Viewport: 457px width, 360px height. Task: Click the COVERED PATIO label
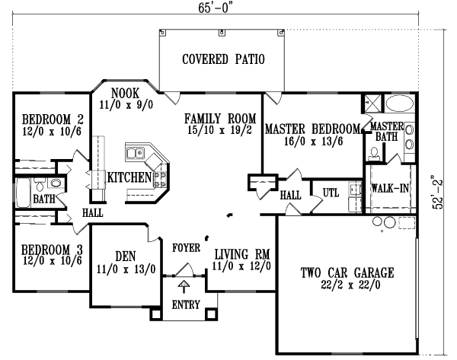coord(223,59)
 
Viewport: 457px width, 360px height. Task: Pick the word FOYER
coord(186,247)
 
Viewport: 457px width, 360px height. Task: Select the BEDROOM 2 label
coord(52,119)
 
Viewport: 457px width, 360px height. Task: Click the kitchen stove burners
coord(161,177)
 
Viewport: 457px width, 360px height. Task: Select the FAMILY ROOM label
coord(219,119)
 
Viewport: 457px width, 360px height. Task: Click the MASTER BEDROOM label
coord(312,129)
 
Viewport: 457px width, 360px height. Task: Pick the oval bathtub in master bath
coord(399,104)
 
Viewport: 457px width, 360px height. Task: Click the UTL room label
coord(331,192)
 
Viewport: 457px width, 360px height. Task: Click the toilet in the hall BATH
coord(54,183)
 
